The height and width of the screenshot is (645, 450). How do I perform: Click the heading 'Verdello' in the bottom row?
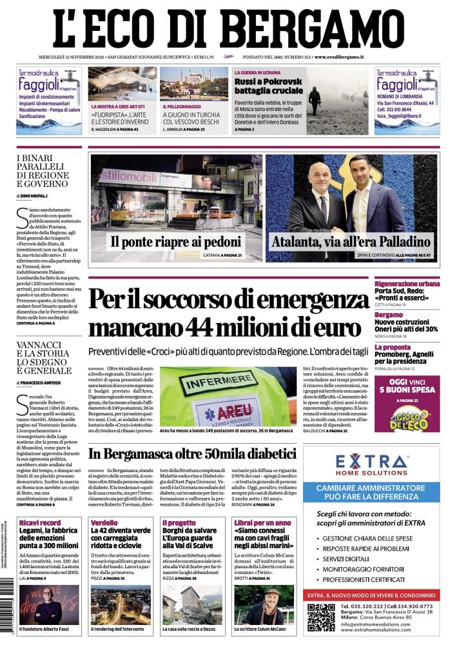[x=104, y=522]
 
